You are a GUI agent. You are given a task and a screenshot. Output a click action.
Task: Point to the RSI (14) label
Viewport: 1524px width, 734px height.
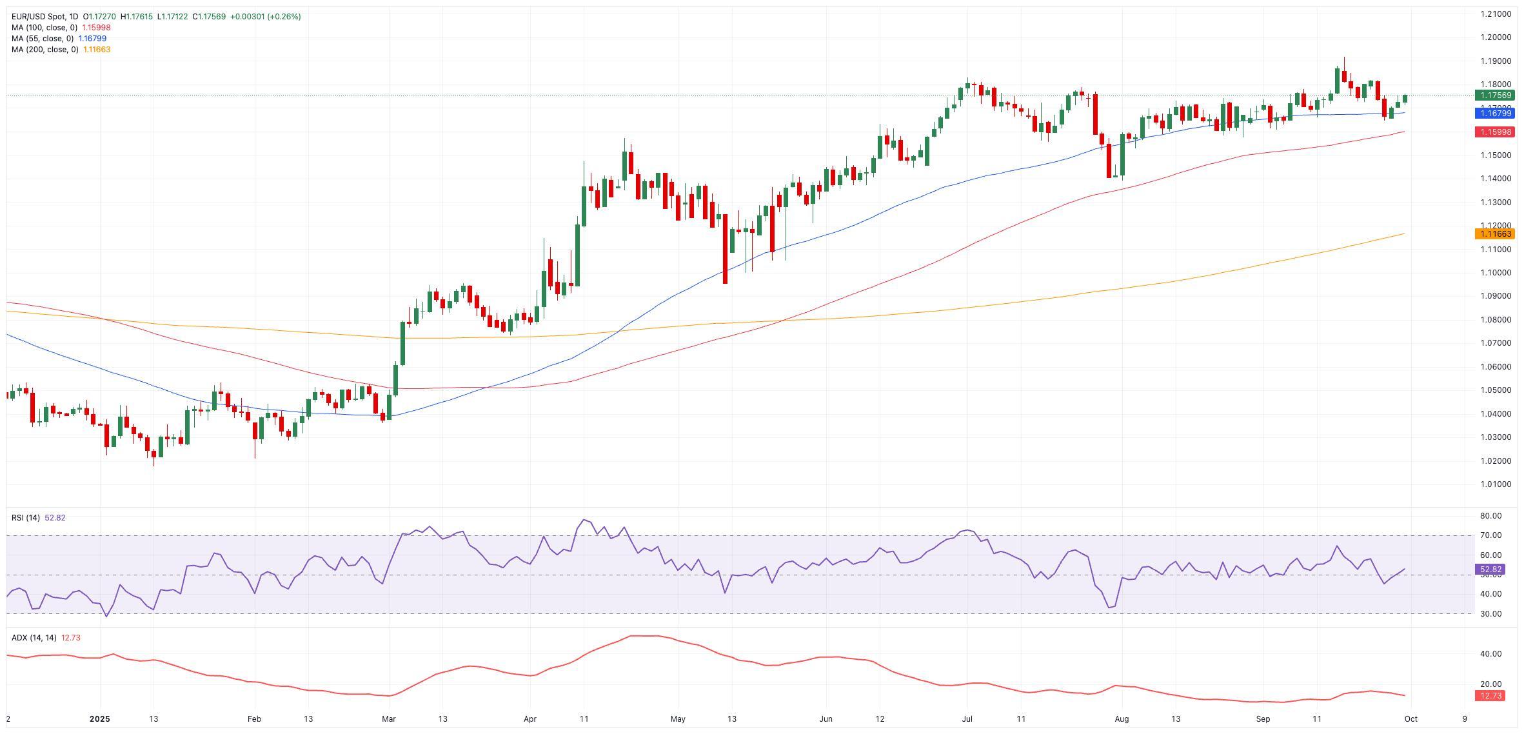click(26, 518)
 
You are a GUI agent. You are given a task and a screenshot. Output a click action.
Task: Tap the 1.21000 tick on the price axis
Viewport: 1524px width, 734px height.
click(1495, 14)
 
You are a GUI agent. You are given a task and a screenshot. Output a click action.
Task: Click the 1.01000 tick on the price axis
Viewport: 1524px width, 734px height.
click(1495, 484)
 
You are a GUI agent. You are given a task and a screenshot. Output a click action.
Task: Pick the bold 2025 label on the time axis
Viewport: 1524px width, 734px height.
click(100, 719)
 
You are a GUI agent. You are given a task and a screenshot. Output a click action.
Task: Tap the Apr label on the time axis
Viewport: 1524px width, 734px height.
click(530, 719)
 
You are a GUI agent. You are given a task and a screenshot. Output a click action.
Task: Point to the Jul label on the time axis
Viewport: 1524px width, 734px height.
click(967, 719)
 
